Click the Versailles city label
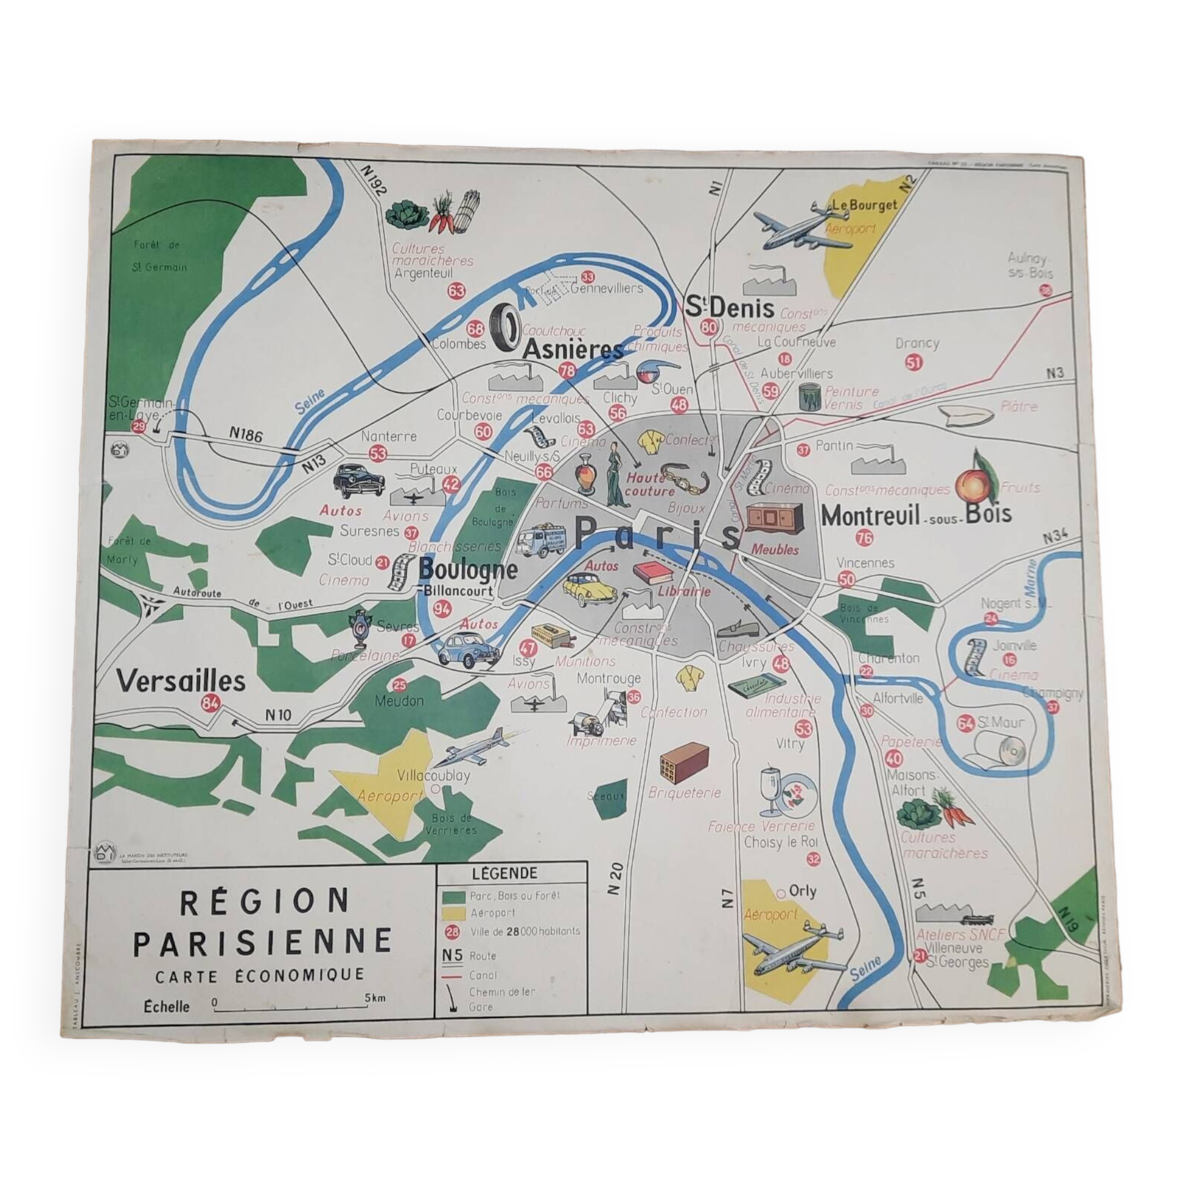pyautogui.click(x=181, y=681)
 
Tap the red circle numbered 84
pyautogui.click(x=210, y=703)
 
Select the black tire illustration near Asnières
pyautogui.click(x=506, y=329)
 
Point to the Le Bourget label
pyautogui.click(x=864, y=206)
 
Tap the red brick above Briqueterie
pyautogui.click(x=684, y=763)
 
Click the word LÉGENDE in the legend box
pyautogui.click(x=505, y=873)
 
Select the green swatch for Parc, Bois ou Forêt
pyautogui.click(x=454, y=897)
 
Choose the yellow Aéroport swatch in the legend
pyautogui.click(x=454, y=914)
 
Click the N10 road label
pyautogui.click(x=279, y=715)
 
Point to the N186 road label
pyautogui.click(x=245, y=434)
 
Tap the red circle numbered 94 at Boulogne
pyautogui.click(x=442, y=609)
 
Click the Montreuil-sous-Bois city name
pyautogui.click(x=916, y=516)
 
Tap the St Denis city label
pyautogui.click(x=729, y=307)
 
